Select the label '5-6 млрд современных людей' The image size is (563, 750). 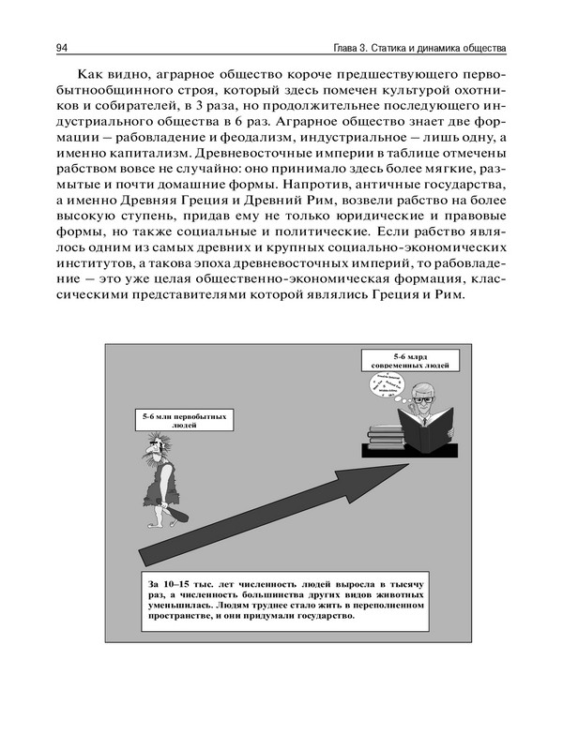[409, 360]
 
